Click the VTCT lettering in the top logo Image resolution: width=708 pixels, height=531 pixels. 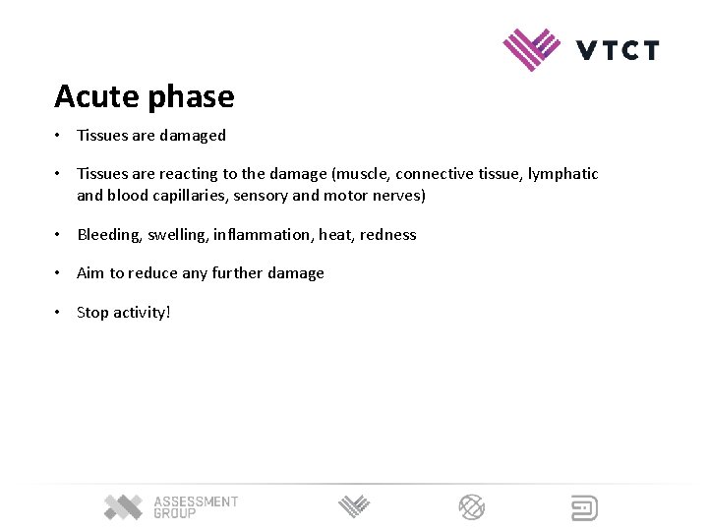pos(618,49)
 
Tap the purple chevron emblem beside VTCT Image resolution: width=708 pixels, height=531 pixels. pos(531,49)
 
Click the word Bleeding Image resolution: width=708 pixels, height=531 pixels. pos(108,235)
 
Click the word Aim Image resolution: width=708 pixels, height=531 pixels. pos(89,273)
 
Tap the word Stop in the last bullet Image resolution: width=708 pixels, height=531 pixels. pos(92,313)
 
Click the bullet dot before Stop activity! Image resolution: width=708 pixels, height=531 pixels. pos(59,313)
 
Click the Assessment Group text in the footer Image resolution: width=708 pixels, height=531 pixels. pos(195,507)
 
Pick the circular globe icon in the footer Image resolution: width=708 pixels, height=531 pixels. pos(472,507)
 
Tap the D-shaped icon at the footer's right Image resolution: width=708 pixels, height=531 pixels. pos(584,507)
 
